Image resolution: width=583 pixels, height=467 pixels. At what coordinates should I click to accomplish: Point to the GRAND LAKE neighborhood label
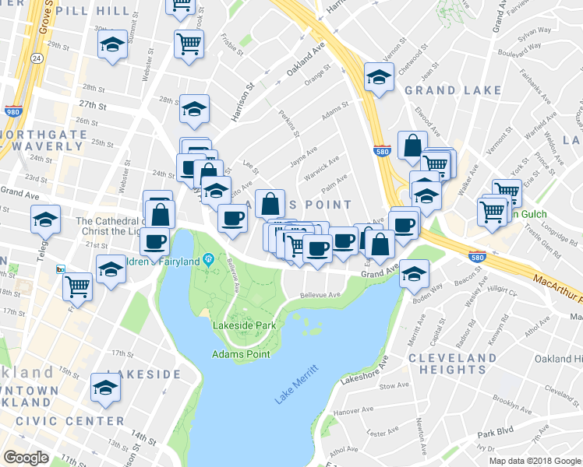(453, 90)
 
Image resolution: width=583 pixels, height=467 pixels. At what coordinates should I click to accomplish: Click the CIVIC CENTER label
(52, 421)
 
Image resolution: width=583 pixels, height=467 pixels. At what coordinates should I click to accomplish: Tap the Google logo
(26, 458)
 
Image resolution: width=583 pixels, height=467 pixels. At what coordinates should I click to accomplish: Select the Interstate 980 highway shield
(12, 111)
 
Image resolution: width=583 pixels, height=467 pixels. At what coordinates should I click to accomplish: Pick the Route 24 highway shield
(36, 58)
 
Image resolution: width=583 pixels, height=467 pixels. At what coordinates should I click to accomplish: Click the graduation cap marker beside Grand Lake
(379, 77)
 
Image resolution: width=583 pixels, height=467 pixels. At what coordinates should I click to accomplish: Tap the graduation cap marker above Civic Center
(106, 387)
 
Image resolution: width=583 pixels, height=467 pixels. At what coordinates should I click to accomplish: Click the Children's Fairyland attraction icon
(208, 259)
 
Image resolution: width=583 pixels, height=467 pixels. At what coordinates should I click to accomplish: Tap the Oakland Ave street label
(304, 60)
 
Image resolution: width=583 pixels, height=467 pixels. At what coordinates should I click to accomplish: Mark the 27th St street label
(92, 104)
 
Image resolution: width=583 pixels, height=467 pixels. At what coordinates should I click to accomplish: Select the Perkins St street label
(290, 123)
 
